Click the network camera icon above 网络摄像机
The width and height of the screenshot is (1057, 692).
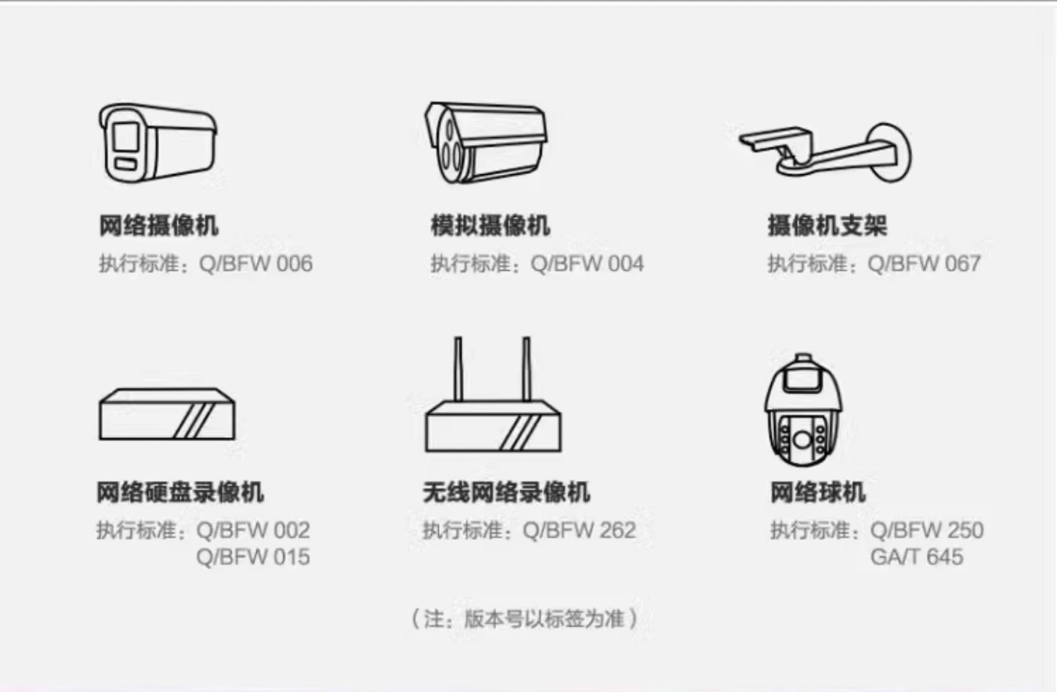pyautogui.click(x=157, y=143)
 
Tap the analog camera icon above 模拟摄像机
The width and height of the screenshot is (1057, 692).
pyautogui.click(x=486, y=142)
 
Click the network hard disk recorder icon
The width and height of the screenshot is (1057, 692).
pyautogui.click(x=166, y=414)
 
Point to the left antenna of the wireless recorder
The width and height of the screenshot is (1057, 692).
pyautogui.click(x=458, y=368)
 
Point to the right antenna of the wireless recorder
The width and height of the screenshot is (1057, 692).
pyautogui.click(x=527, y=368)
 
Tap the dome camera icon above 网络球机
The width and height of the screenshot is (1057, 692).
pyautogui.click(x=803, y=411)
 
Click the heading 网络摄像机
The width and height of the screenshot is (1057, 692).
pyautogui.click(x=158, y=226)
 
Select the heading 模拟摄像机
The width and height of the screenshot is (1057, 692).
pyautogui.click(x=490, y=226)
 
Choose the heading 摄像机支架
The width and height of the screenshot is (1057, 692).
pyautogui.click(x=827, y=226)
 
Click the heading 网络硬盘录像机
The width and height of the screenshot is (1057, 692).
pyautogui.click(x=179, y=492)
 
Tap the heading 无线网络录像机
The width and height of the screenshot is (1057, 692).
pyautogui.click(x=505, y=492)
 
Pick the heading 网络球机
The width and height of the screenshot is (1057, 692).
pyautogui.click(x=817, y=492)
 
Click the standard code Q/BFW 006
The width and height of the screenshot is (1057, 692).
pyautogui.click(x=255, y=263)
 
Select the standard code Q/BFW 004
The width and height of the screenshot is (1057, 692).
pyautogui.click(x=587, y=263)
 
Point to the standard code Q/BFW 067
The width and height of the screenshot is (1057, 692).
pyautogui.click(x=924, y=263)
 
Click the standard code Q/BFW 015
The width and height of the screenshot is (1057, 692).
pyautogui.click(x=253, y=557)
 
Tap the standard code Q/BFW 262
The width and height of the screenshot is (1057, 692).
pyautogui.click(x=579, y=531)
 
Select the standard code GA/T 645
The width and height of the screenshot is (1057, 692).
pyautogui.click(x=916, y=557)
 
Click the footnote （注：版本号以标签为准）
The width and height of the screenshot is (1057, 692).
pyautogui.click(x=524, y=618)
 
